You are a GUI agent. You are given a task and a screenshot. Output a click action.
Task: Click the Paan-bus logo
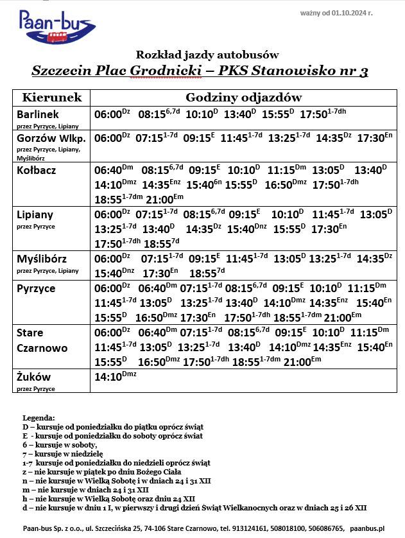click(56, 28)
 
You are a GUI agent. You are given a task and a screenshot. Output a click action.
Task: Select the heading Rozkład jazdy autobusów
click(207, 55)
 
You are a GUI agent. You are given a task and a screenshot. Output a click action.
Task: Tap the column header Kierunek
click(52, 98)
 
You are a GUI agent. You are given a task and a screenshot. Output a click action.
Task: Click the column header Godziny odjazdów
click(243, 98)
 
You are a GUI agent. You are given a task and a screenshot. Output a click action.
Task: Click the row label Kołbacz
click(37, 170)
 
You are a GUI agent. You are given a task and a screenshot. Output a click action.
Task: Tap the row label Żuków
click(33, 377)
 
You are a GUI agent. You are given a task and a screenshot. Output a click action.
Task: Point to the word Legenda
click(39, 418)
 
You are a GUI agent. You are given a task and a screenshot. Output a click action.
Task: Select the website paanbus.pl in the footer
click(367, 528)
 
